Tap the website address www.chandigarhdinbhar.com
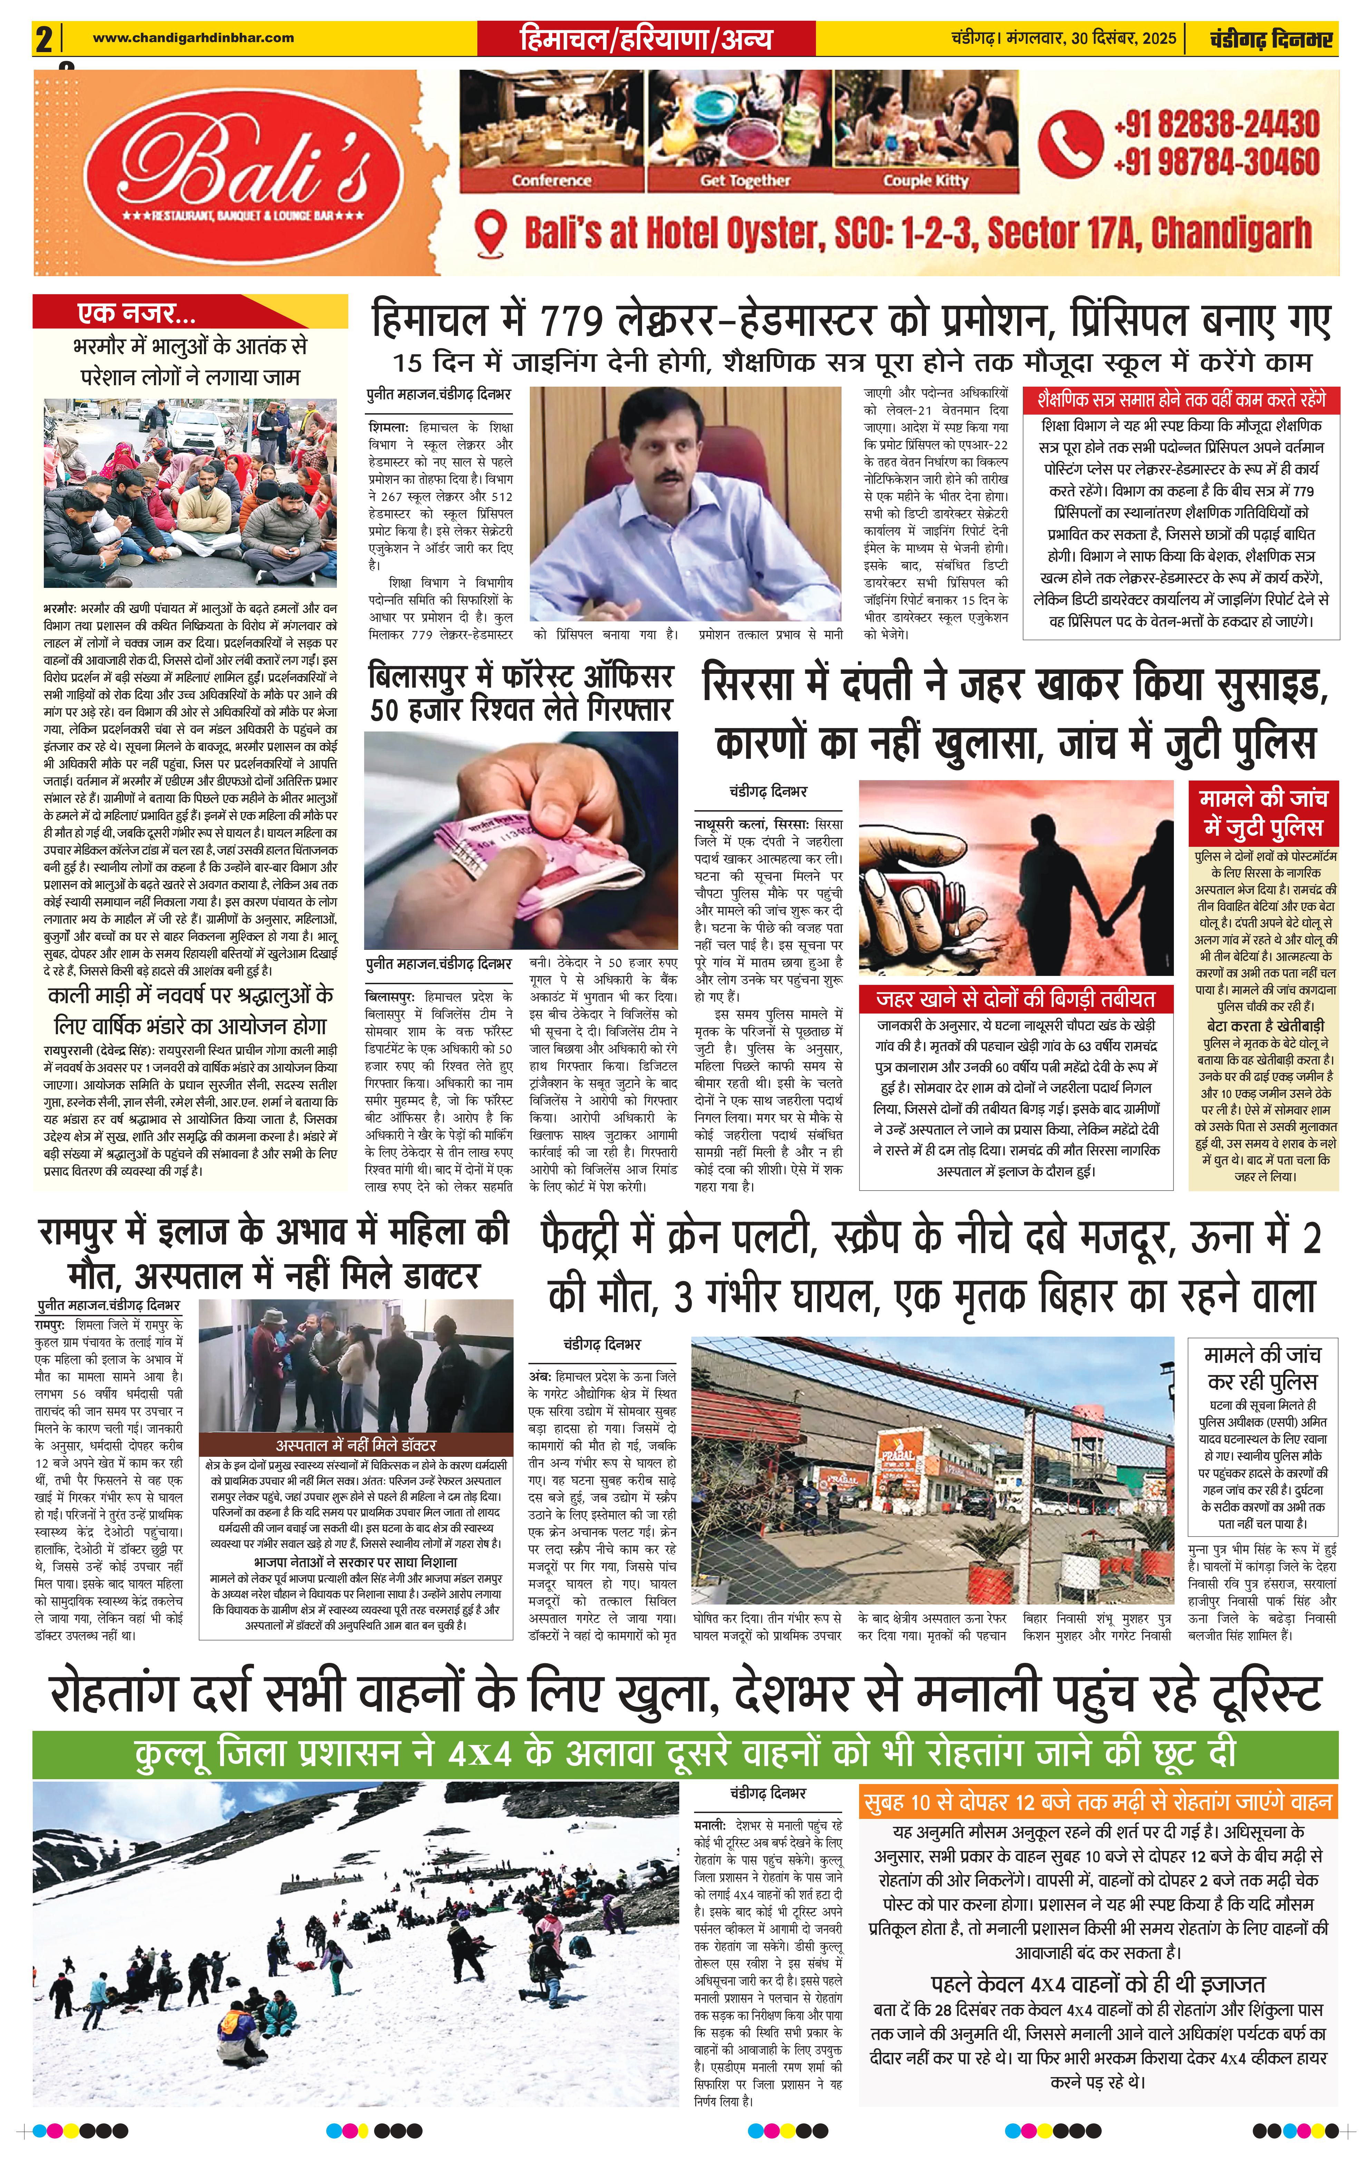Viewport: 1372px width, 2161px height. point(193,38)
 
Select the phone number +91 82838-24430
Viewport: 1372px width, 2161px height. point(1216,124)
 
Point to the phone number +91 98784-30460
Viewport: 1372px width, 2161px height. point(1216,162)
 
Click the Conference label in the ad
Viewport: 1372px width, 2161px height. point(551,181)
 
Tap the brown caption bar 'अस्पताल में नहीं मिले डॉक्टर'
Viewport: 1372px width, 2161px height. point(355,1445)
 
